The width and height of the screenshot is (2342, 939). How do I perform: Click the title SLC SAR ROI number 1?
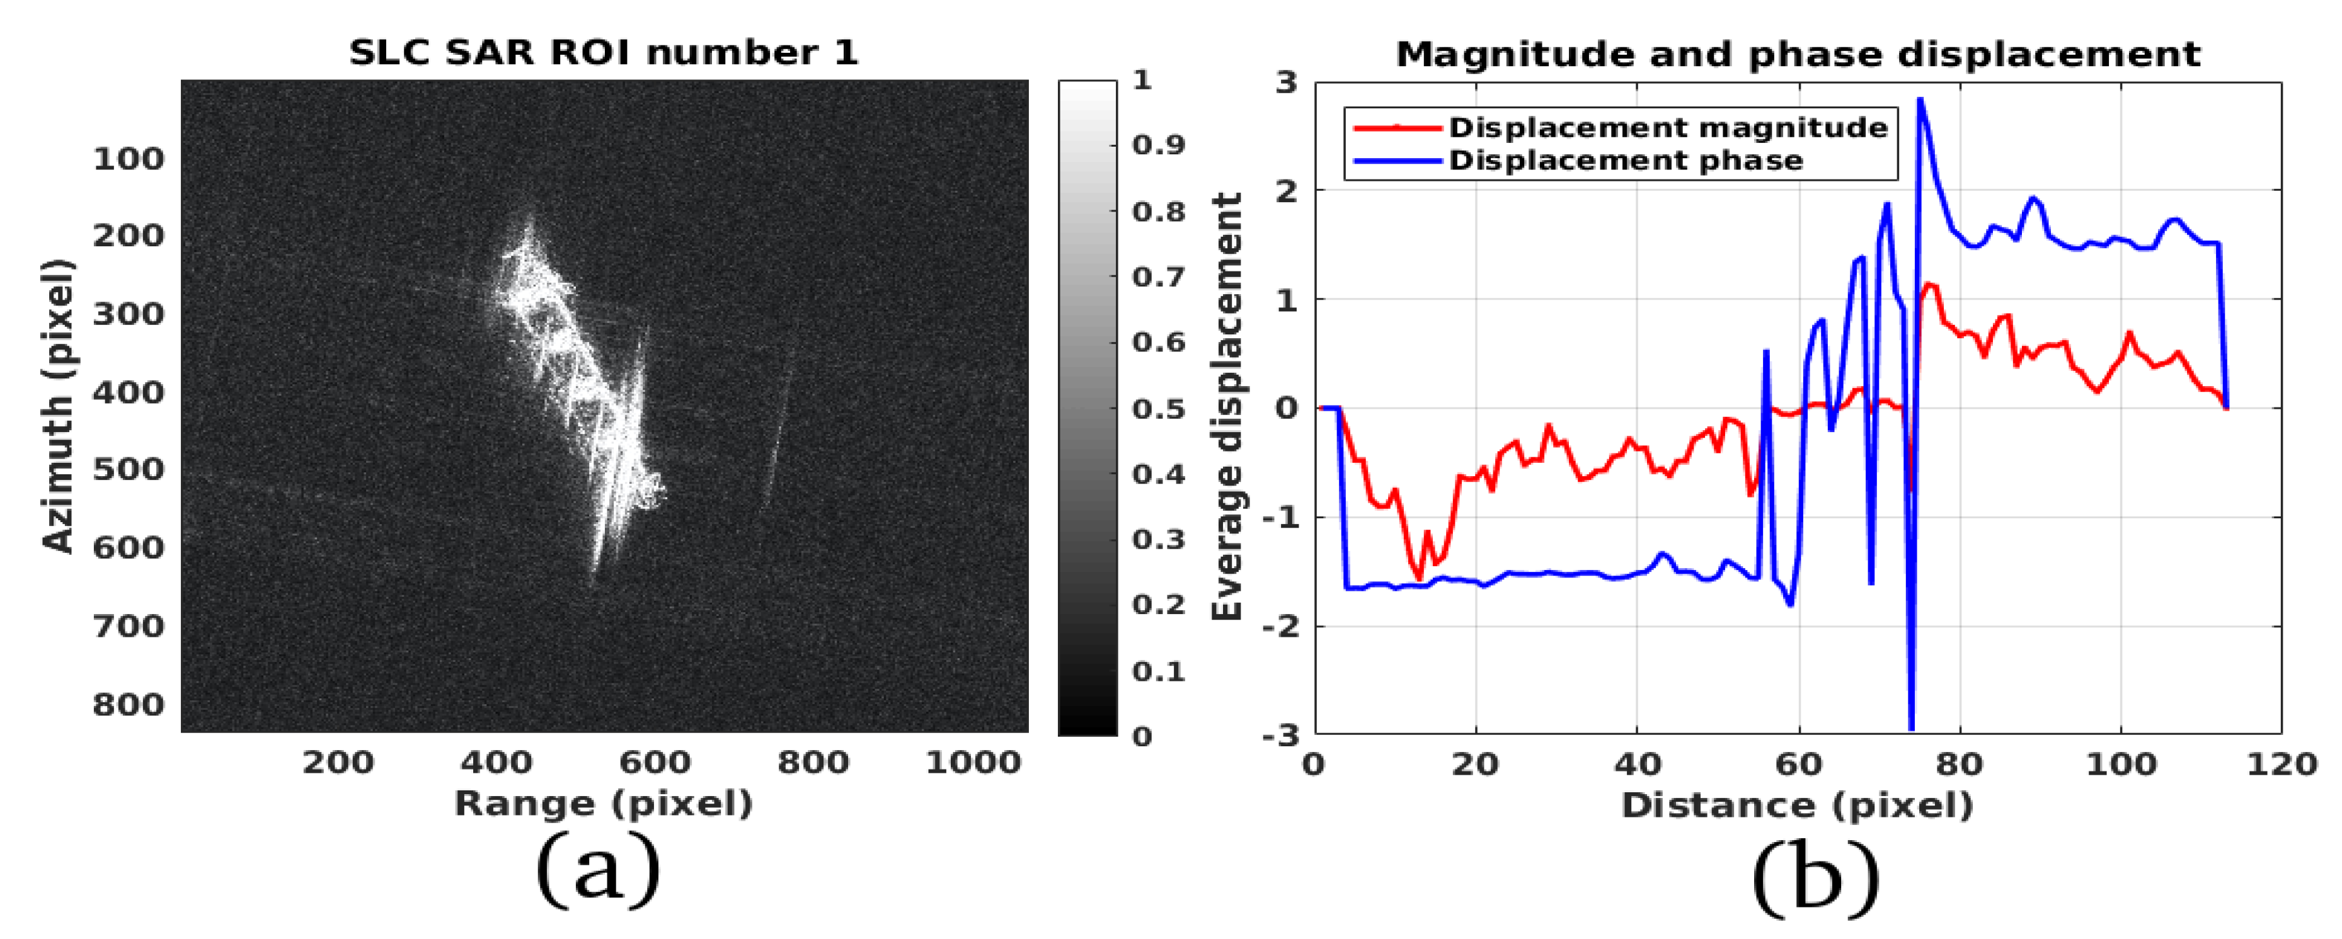point(604,53)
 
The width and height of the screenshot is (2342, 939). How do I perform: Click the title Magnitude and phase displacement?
point(1798,55)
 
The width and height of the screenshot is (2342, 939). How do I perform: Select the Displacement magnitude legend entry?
point(1667,127)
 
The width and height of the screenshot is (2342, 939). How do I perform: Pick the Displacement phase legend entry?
point(1625,161)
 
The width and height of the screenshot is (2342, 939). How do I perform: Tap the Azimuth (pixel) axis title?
point(58,406)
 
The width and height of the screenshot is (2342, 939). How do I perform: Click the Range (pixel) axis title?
point(604,804)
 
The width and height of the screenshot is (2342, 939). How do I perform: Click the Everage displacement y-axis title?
point(1227,406)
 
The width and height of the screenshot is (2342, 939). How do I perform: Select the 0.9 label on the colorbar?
point(1158,145)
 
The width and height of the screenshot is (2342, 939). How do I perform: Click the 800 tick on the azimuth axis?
point(128,705)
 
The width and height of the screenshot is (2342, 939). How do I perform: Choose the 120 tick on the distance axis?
point(2281,763)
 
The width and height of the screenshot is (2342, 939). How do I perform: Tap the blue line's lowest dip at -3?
point(1911,728)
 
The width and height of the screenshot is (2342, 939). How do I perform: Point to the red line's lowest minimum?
point(1418,579)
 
